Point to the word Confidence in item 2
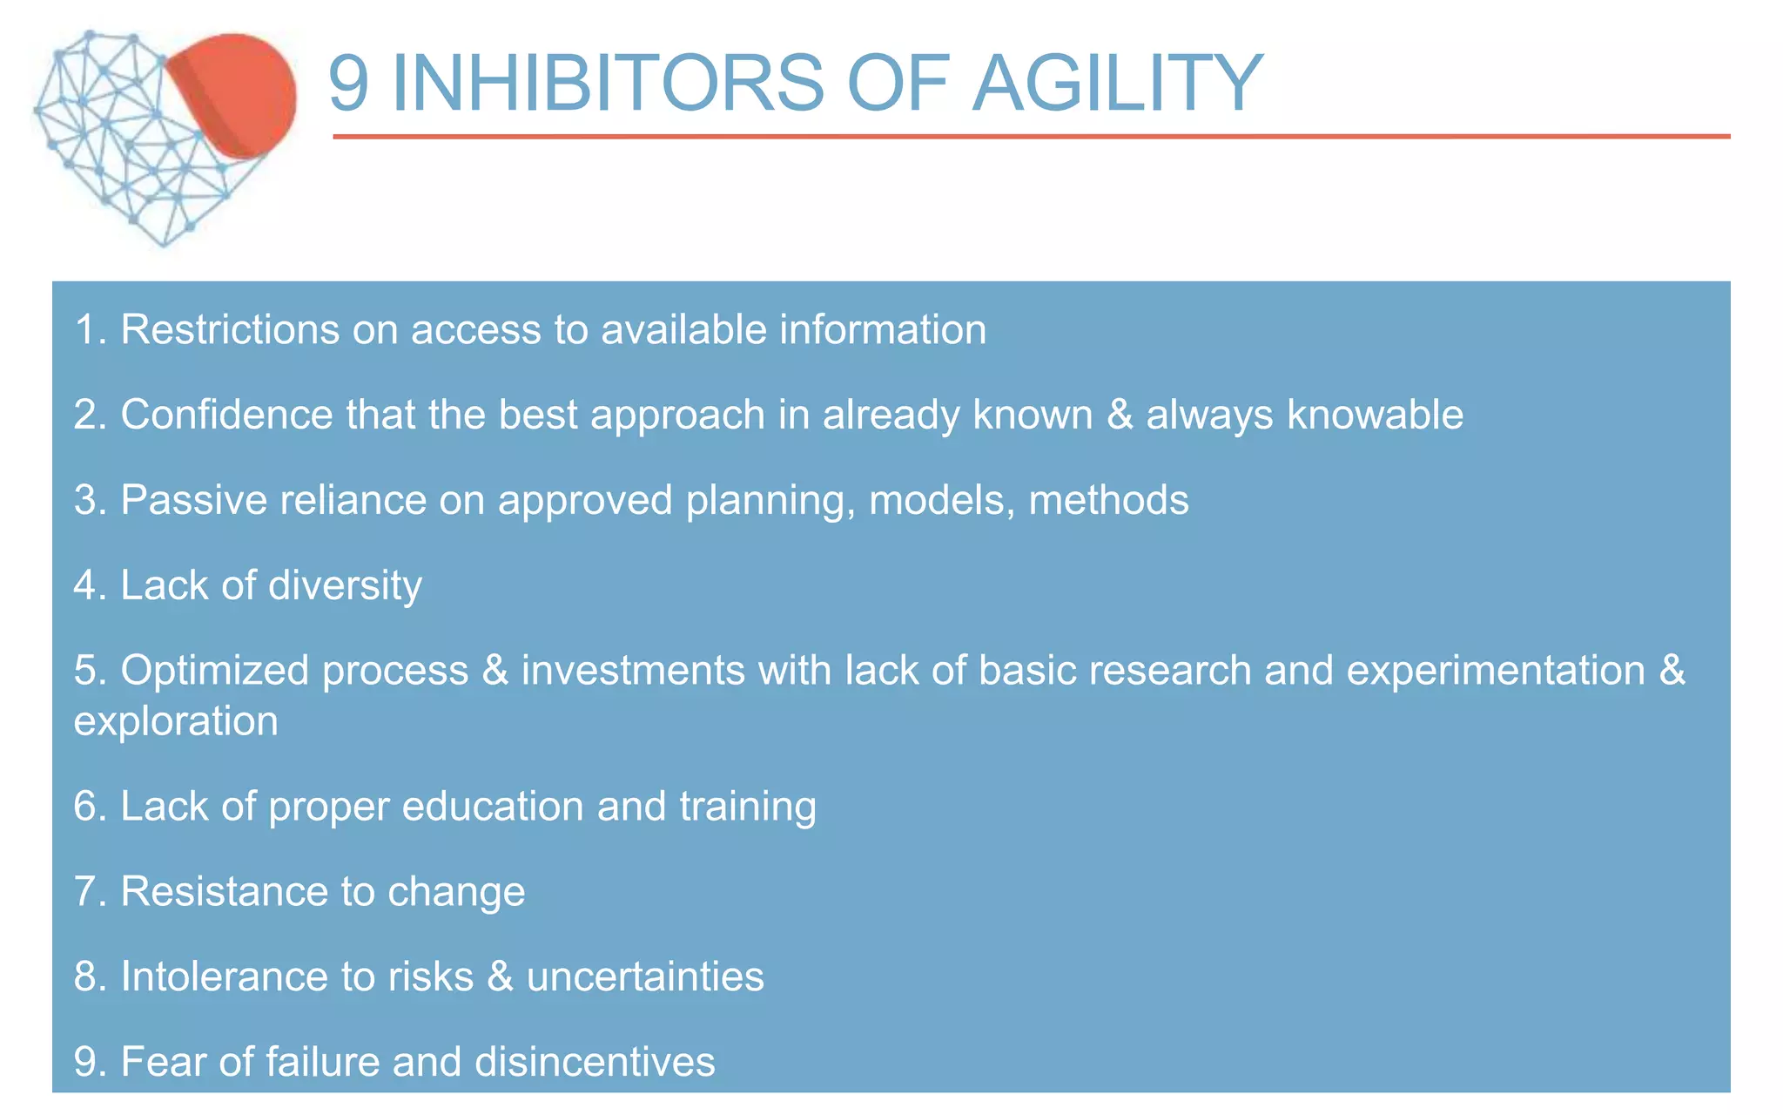tap(226, 415)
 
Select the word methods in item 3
tap(1108, 500)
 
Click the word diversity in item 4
tap(345, 585)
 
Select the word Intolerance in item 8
tap(224, 976)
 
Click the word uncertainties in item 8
tap(645, 976)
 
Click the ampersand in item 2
tap(1120, 415)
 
